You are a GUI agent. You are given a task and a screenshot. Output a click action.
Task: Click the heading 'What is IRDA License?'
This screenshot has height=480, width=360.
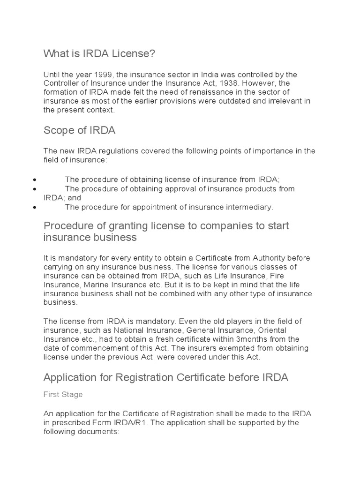click(x=99, y=54)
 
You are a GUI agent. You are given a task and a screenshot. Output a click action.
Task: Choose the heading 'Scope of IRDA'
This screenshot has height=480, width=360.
click(x=79, y=130)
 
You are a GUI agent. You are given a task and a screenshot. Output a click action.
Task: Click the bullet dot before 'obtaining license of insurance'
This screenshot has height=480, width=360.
click(x=36, y=180)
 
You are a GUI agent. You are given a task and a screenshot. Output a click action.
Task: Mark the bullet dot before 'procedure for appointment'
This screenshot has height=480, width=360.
click(x=36, y=207)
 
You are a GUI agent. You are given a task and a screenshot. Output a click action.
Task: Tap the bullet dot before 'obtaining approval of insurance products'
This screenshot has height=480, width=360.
click(x=36, y=189)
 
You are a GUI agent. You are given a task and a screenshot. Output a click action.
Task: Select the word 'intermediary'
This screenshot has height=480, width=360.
click(x=250, y=207)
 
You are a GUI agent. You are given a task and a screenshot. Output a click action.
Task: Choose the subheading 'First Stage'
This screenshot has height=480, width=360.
click(x=63, y=395)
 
